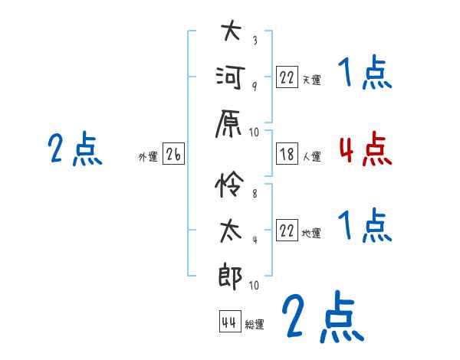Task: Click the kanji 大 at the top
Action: [231, 30]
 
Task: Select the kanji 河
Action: [230, 77]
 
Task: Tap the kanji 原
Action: [228, 123]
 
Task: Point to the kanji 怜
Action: [229, 184]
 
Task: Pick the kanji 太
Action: [231, 231]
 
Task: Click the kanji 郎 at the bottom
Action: [230, 277]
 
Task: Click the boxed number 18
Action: [287, 154]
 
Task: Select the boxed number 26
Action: [173, 154]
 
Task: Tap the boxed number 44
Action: [230, 322]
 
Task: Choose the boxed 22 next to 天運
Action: [287, 77]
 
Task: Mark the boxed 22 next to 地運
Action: [287, 230]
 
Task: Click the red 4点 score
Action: [365, 149]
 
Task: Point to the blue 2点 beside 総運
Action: [323, 316]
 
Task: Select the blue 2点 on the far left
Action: [75, 149]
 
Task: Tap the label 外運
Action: [148, 157]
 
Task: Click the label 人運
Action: [312, 156]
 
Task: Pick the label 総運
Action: [255, 324]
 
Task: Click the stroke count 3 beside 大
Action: [255, 40]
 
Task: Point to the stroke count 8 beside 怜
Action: [255, 194]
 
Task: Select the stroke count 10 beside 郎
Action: [254, 285]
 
